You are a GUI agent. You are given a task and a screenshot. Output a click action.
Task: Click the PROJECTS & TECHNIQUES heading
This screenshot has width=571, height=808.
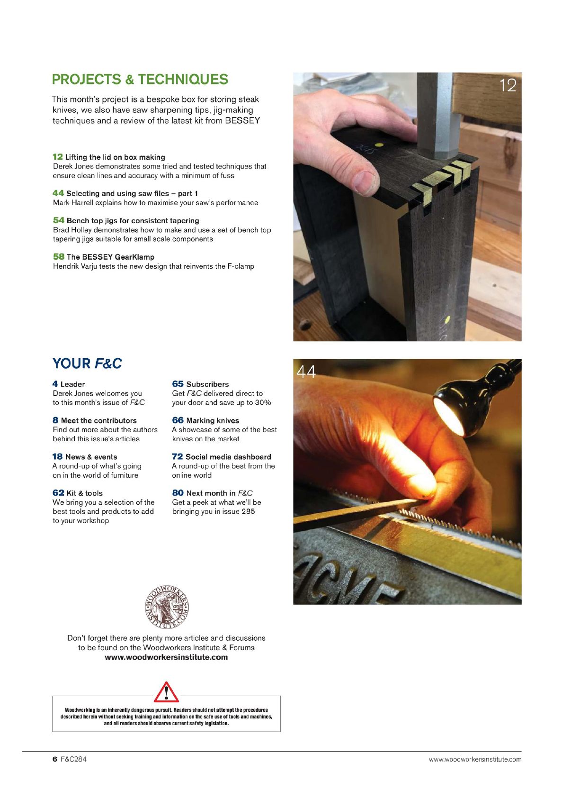[140, 79]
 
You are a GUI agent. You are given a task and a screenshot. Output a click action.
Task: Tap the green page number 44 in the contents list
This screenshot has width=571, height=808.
[58, 193]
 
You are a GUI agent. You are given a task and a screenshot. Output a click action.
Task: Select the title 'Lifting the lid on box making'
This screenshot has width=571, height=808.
[115, 157]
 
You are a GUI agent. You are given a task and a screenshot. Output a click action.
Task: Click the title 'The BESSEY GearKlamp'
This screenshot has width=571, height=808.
[110, 257]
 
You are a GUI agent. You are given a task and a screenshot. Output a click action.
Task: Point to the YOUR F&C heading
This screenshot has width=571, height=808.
[87, 363]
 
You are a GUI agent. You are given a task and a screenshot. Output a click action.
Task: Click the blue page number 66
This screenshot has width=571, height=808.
[178, 420]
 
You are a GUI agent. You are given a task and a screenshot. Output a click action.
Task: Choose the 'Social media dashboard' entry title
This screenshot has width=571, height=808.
[228, 457]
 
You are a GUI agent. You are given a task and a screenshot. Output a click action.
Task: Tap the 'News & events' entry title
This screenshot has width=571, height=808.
[91, 457]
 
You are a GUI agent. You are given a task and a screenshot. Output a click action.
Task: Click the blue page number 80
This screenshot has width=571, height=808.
[178, 493]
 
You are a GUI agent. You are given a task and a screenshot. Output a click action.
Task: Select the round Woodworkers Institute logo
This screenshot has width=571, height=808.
[166, 607]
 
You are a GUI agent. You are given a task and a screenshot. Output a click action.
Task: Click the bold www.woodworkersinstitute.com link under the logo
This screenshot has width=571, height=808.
[166, 657]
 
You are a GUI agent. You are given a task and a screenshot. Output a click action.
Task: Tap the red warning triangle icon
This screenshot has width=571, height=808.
[166, 692]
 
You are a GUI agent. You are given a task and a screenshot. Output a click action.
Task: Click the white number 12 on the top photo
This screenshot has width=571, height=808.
[508, 85]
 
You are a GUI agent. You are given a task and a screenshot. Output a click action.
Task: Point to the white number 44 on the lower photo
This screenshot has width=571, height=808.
[306, 372]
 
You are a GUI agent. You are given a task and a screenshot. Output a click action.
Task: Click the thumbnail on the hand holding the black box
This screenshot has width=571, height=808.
[364, 182]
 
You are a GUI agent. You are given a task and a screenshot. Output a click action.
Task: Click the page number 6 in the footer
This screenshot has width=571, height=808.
[55, 759]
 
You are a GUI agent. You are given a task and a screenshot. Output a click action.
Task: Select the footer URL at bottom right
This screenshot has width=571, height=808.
[475, 759]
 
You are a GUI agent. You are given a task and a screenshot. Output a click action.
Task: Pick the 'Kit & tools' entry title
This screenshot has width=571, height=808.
[84, 493]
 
